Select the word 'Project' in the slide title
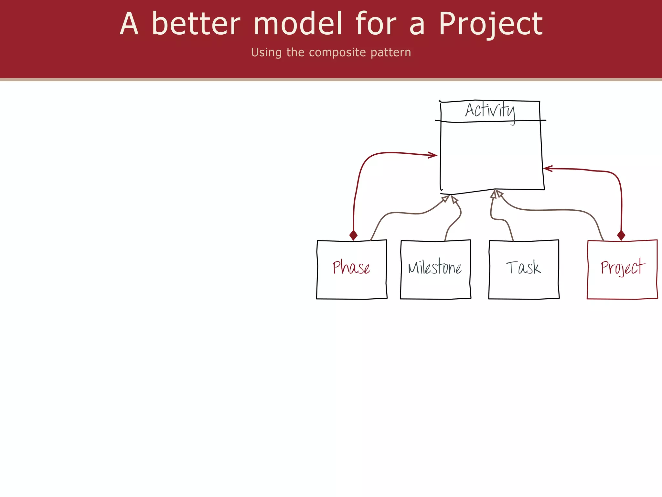[490, 24]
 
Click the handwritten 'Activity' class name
[490, 111]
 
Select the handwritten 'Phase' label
[351, 268]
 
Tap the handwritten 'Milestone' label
[435, 268]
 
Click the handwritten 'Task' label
[523, 268]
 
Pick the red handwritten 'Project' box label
[622, 268]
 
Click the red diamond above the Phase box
[353, 235]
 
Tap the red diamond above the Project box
[621, 235]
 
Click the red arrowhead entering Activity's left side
[433, 155]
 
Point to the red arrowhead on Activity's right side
[548, 169]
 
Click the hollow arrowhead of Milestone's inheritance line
[454, 199]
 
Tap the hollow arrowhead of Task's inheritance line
[494, 194]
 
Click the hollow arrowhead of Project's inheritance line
[500, 194]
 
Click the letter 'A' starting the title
[129, 24]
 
